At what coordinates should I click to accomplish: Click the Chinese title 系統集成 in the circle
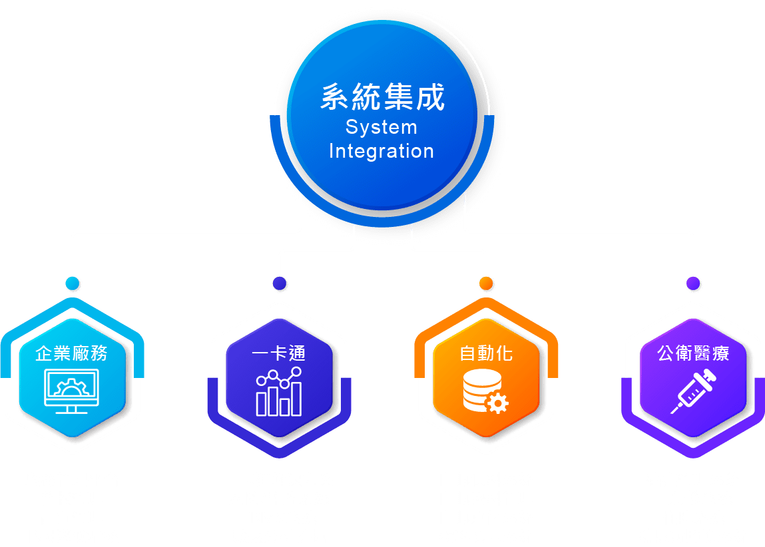click(x=382, y=97)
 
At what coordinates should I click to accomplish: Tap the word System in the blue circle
click(x=382, y=128)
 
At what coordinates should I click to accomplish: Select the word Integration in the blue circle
click(x=382, y=152)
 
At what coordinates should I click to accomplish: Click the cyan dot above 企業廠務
click(x=72, y=283)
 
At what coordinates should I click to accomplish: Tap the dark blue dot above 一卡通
click(x=280, y=283)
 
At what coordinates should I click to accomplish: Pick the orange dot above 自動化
click(x=486, y=283)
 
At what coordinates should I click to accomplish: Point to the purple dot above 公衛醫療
click(x=693, y=283)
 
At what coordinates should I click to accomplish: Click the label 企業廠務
click(x=72, y=353)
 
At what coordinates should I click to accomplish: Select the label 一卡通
click(x=279, y=353)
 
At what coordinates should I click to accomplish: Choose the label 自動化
click(x=487, y=353)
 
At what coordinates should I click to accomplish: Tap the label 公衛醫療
click(x=693, y=353)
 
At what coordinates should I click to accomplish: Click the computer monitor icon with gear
click(x=72, y=391)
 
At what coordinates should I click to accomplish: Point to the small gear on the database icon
click(x=497, y=403)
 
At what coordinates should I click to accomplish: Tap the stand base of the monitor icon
click(x=72, y=413)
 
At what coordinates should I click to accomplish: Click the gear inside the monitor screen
click(x=72, y=387)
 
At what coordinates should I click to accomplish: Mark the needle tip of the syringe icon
click(x=672, y=413)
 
